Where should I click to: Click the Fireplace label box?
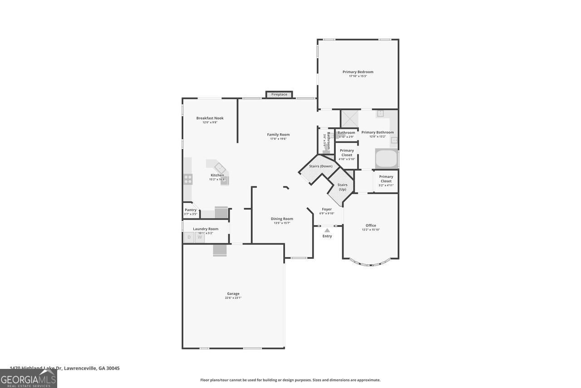[279, 95]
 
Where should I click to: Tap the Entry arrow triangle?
[327, 231]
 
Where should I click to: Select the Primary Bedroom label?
[358, 72]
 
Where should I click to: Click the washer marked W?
[200, 237]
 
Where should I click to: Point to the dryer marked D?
[189, 237]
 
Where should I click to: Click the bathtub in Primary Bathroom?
[386, 159]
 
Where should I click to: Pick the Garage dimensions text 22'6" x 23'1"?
[233, 298]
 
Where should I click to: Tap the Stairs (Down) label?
[320, 166]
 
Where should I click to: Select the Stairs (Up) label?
[342, 187]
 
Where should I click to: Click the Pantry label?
[191, 210]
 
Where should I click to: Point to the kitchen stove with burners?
[188, 179]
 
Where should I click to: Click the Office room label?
[371, 225]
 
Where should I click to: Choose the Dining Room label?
[282, 219]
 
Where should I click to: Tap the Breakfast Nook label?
[210, 118]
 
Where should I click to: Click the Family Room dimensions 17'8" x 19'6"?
[278, 139]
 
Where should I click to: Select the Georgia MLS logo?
[28, 378]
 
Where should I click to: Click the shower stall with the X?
[350, 119]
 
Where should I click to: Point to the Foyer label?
[327, 209]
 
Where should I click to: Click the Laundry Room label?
[206, 229]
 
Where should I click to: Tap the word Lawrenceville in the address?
[81, 368]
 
